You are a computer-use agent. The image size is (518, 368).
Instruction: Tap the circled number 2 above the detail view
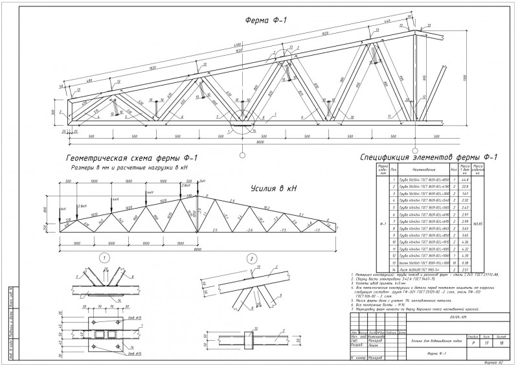click(x=251, y=259)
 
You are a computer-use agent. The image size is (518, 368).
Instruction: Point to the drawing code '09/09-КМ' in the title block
click(x=458, y=317)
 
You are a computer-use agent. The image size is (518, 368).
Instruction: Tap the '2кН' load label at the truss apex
click(x=202, y=181)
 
